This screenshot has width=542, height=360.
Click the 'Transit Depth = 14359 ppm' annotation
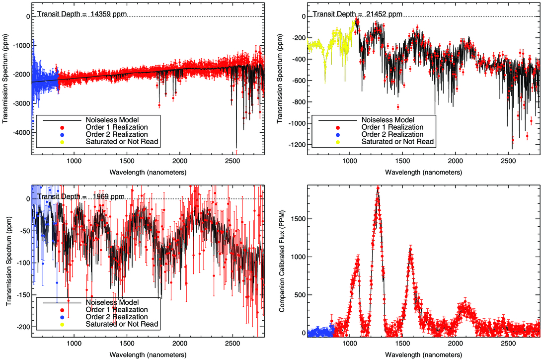pyautogui.click(x=82, y=14)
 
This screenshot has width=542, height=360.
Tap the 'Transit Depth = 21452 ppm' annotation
pyautogui.click(x=357, y=14)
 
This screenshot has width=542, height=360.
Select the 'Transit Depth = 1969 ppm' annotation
pyautogui.click(x=81, y=196)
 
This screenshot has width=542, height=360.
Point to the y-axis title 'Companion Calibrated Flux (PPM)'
pyautogui.click(x=282, y=261)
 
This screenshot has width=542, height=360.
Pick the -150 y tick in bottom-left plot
pyautogui.click(x=23, y=295)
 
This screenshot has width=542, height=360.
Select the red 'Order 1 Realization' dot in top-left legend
pyautogui.click(x=62, y=128)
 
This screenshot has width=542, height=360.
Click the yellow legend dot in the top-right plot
pyautogui.click(x=338, y=142)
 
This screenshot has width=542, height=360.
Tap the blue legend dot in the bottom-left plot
pyautogui.click(x=62, y=317)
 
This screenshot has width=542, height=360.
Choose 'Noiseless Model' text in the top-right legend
pyautogui.click(x=388, y=120)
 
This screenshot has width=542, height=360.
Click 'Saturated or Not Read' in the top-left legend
pyautogui.click(x=122, y=142)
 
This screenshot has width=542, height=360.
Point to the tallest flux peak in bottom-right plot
pyautogui.click(x=378, y=188)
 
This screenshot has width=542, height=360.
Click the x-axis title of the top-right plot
pyautogui.click(x=423, y=172)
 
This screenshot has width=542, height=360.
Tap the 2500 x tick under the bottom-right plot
pyautogui.click(x=508, y=344)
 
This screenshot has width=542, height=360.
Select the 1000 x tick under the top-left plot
pyautogui.click(x=74, y=161)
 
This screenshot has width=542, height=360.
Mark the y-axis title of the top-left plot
pyautogui.click(x=5, y=79)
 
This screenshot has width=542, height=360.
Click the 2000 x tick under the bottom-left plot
pyautogui.click(x=180, y=344)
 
